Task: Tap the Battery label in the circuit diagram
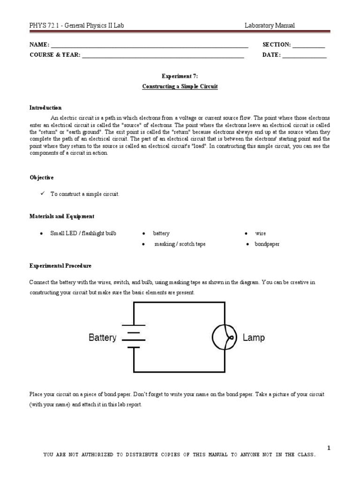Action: click(x=103, y=337)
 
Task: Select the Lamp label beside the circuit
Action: click(x=253, y=337)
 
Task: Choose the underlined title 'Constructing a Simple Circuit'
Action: click(x=180, y=87)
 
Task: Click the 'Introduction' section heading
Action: click(x=45, y=108)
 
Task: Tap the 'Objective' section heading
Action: click(x=42, y=178)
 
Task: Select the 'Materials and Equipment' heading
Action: click(x=62, y=216)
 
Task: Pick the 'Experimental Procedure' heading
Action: click(x=60, y=266)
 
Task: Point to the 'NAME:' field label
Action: click(x=39, y=45)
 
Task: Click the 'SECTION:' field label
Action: click(x=277, y=45)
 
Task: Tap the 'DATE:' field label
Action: click(x=272, y=55)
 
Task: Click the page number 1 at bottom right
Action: click(x=329, y=448)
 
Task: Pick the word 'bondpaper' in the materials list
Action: click(x=267, y=244)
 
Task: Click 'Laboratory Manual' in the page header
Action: click(x=270, y=26)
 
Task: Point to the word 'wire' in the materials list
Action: click(x=260, y=233)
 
